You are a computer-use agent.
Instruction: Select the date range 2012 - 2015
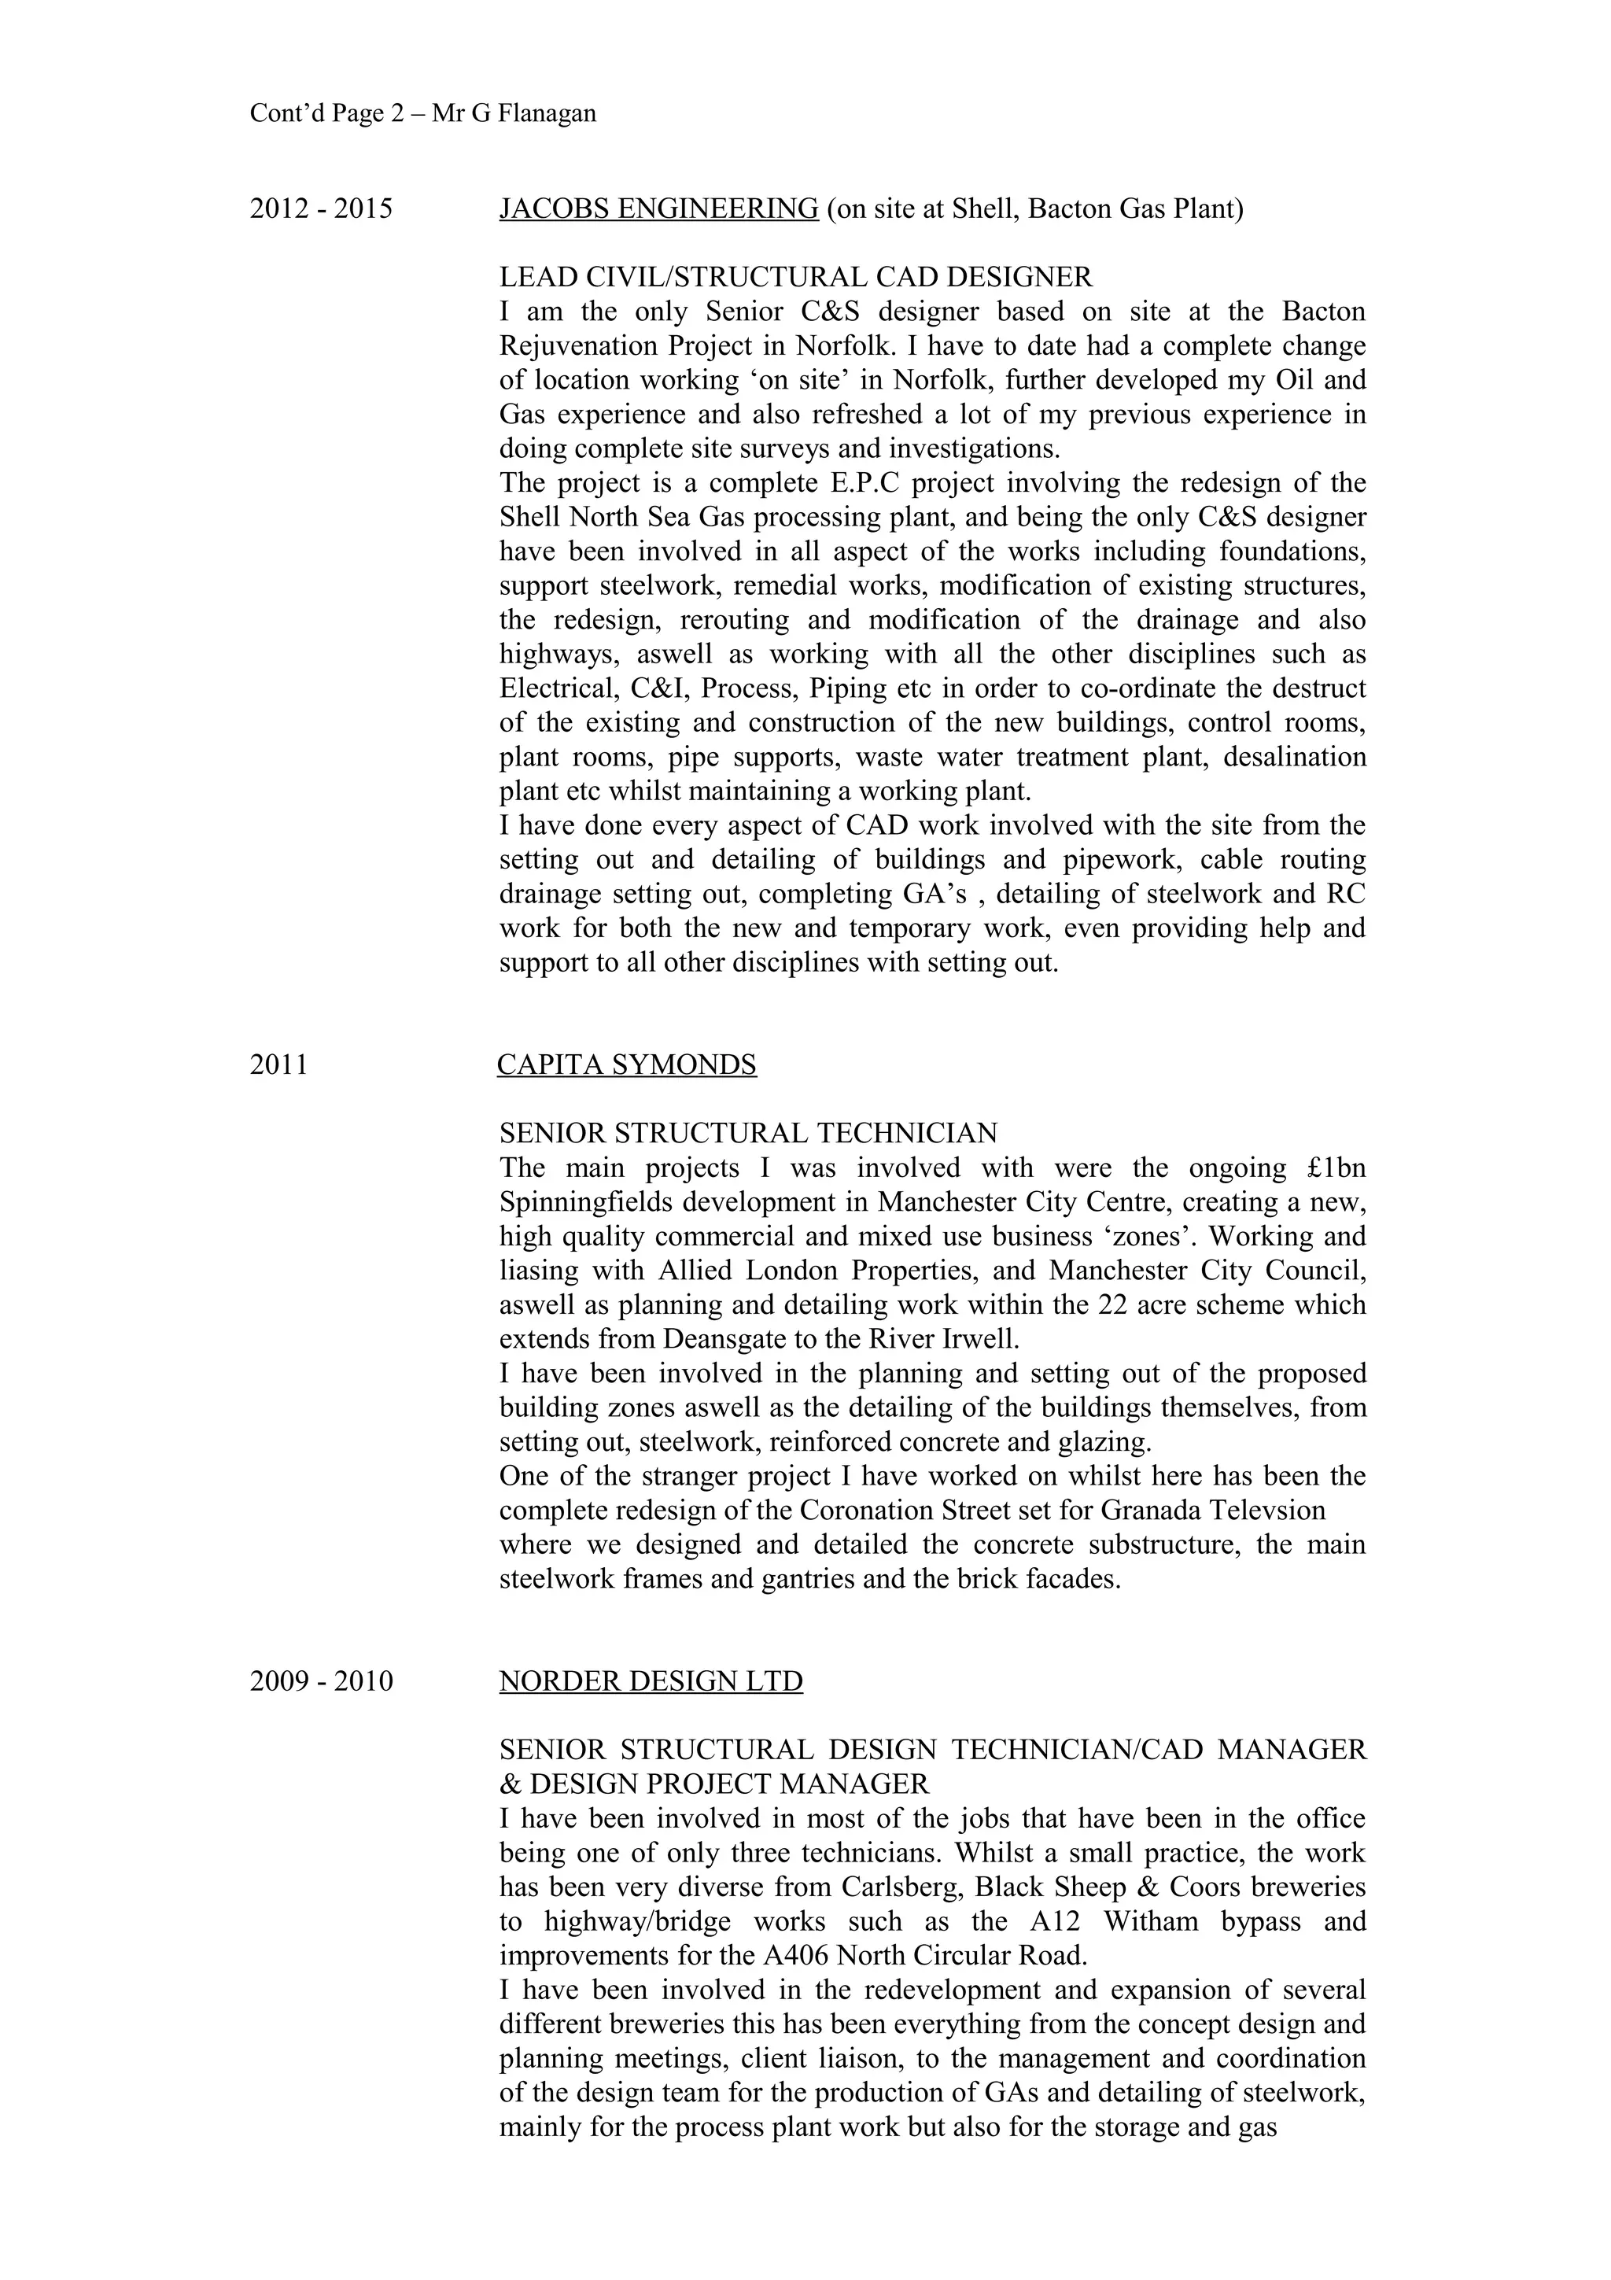tap(321, 209)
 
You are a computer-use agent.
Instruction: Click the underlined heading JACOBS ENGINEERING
tap(658, 209)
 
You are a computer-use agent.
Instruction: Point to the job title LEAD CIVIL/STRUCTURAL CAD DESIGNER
tap(795, 277)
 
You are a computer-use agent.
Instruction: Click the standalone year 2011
tap(279, 1065)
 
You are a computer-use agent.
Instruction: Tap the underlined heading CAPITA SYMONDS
tap(626, 1065)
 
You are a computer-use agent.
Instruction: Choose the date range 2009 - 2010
tap(321, 1682)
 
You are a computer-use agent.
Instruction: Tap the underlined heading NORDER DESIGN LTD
tap(651, 1682)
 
